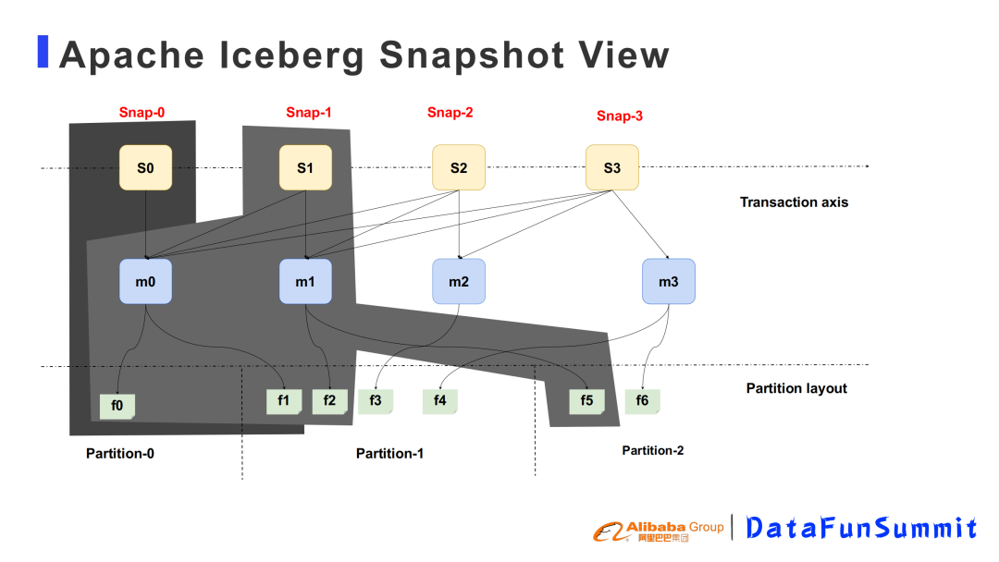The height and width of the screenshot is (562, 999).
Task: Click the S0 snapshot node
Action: [x=145, y=167]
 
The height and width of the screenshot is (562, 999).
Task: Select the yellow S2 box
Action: [x=459, y=167]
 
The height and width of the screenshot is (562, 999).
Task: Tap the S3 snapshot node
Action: [x=611, y=167]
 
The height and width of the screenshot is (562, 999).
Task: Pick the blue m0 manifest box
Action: [x=145, y=282]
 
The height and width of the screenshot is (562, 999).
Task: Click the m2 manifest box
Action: [x=459, y=282]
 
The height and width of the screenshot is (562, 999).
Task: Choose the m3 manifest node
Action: [x=668, y=282]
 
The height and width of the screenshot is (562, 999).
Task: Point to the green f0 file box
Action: [x=117, y=405]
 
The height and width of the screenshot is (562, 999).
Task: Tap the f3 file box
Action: [x=376, y=401]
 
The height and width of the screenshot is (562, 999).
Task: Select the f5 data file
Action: [x=586, y=401]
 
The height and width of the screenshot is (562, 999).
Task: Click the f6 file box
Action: [x=642, y=401]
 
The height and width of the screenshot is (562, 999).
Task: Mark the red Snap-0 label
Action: [x=142, y=113]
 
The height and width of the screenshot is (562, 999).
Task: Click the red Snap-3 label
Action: [x=620, y=116]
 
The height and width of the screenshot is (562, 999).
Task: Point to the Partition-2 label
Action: [x=653, y=450]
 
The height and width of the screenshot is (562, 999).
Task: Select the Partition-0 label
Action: [x=120, y=453]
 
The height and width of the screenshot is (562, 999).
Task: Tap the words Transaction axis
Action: [x=794, y=202]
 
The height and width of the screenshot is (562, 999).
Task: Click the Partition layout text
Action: [x=796, y=388]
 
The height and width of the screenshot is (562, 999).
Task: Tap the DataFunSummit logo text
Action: [x=860, y=528]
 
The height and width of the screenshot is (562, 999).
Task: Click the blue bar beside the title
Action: [x=43, y=52]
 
